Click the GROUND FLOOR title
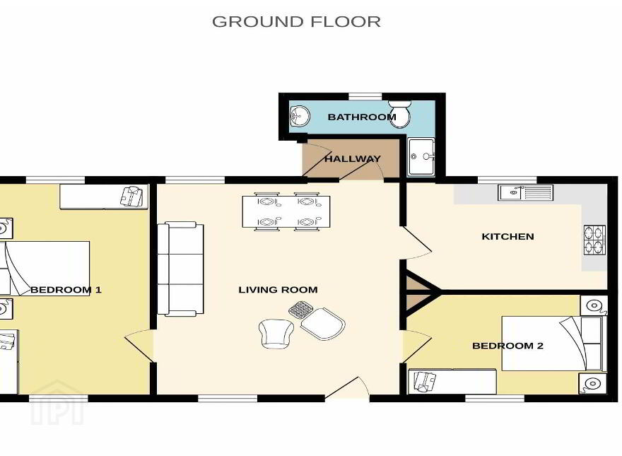296,21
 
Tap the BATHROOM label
361,117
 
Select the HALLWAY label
352,159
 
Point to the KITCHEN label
507,237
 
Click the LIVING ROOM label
278,290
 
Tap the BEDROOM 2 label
507,346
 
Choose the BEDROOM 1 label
66,290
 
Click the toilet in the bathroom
399,114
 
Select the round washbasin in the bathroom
300,117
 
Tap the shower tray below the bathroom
421,157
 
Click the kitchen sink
525,192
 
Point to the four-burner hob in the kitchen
594,240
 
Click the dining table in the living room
286,212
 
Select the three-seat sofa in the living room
180,269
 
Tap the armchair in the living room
276,334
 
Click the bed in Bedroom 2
554,344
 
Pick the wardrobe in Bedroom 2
452,382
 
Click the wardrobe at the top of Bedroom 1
104,197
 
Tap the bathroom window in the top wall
365,96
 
